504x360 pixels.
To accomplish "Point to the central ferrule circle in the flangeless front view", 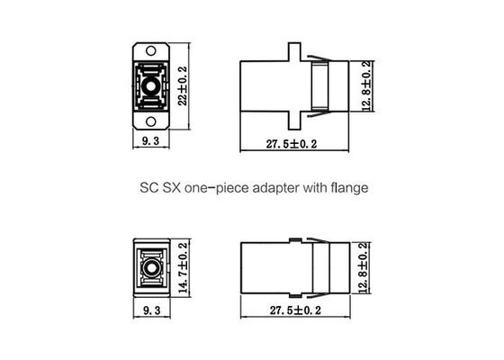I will coord(149,268).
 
